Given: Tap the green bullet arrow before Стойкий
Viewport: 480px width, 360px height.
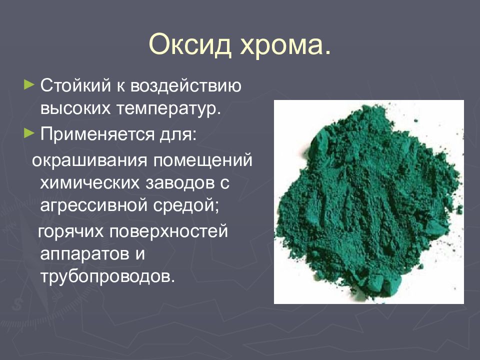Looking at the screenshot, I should [x=30, y=85].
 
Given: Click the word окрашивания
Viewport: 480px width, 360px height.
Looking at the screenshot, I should [x=90, y=161].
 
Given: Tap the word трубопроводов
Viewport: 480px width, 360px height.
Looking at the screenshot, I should [x=108, y=276].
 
